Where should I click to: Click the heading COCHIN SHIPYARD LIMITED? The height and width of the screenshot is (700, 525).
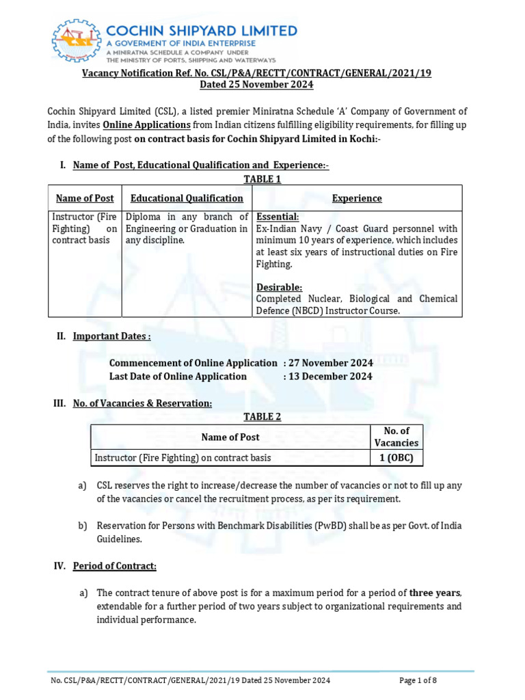[201, 31]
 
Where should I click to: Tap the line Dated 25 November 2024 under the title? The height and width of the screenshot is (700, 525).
[256, 85]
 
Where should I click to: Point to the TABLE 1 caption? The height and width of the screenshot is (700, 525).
[262, 179]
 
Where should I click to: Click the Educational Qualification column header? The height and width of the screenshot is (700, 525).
[187, 198]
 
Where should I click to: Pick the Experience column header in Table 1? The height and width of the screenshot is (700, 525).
[357, 198]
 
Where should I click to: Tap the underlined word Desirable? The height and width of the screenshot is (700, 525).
[279, 287]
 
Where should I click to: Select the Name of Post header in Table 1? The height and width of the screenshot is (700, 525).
[85, 198]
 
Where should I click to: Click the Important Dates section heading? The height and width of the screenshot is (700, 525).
[111, 336]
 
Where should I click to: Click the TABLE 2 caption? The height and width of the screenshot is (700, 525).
[262, 417]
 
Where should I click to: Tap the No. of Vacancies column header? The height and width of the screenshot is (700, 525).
[396, 437]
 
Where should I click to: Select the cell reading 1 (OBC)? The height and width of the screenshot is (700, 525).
[396, 458]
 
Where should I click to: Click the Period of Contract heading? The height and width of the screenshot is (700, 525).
[115, 566]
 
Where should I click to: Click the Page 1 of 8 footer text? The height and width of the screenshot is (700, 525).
[418, 680]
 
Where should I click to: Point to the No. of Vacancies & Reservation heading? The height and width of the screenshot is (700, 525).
[142, 403]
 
